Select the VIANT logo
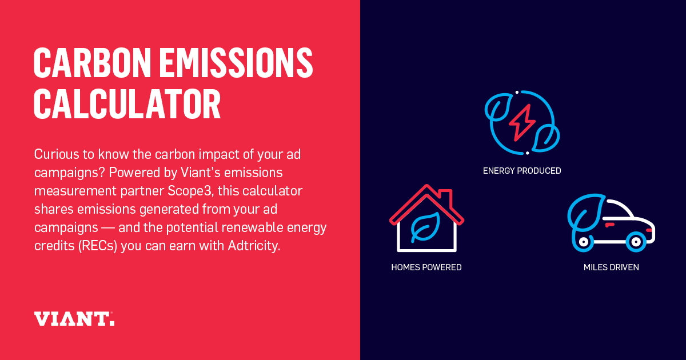click(74, 319)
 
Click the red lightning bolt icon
click(522, 122)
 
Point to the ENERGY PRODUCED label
click(522, 171)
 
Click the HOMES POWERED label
click(426, 267)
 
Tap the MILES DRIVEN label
click(611, 267)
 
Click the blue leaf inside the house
click(426, 226)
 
